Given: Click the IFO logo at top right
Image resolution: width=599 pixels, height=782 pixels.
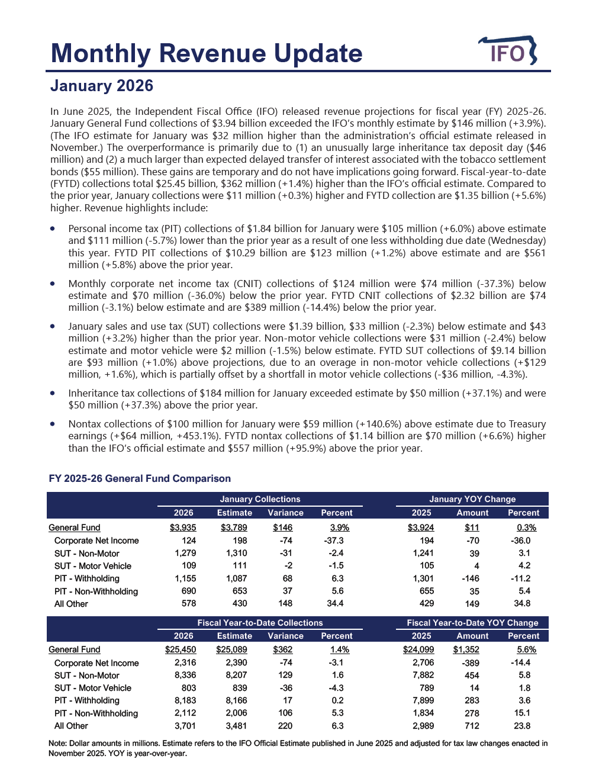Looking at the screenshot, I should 508,52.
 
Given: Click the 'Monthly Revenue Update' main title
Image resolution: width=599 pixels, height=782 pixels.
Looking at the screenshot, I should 207,53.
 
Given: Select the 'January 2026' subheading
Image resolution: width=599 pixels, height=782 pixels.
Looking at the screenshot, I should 102,86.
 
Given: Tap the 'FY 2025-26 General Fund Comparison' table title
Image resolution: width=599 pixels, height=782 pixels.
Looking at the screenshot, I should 140,478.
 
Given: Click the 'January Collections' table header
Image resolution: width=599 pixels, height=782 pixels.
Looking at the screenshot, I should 260,499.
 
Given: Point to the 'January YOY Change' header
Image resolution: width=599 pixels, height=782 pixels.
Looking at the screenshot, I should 472,499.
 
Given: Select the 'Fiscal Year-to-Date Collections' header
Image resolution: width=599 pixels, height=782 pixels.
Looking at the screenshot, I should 260,623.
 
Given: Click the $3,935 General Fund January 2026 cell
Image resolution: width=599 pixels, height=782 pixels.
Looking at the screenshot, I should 183,527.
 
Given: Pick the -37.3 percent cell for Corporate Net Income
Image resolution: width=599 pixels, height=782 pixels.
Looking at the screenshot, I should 334,540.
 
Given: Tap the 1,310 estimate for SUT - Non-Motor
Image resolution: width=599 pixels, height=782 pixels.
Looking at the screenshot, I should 236,553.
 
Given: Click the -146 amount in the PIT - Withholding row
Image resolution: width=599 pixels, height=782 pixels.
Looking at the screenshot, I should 470,578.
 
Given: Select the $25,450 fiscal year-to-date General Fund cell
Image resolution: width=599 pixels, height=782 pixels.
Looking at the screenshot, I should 181,649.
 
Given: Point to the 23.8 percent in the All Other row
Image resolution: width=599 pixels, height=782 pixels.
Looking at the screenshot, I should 522,726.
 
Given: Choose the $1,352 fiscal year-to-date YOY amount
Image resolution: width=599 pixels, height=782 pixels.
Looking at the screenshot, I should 466,649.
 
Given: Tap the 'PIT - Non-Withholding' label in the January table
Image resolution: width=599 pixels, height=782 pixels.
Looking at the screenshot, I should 96,591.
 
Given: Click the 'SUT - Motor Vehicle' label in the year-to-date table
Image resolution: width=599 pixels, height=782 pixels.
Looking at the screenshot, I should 93,688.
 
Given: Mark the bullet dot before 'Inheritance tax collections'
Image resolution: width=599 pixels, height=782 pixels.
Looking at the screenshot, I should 53,392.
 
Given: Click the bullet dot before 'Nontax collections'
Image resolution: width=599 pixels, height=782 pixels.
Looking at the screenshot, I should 53,423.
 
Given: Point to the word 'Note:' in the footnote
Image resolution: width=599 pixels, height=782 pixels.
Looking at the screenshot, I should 57,743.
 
